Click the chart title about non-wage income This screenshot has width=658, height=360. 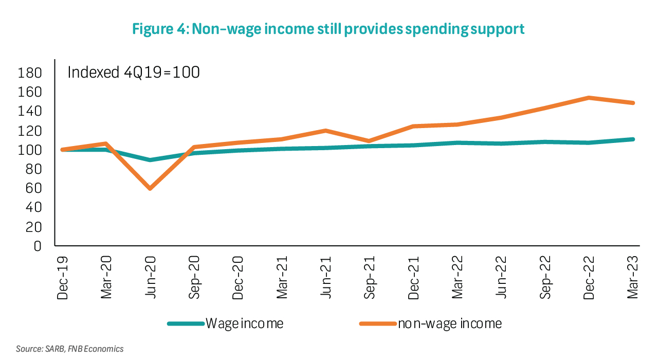pyautogui.click(x=328, y=29)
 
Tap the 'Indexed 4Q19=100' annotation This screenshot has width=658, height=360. pyautogui.click(x=134, y=73)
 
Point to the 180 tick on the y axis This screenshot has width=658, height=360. pyautogui.click(x=29, y=73)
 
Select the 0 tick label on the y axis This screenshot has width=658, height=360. pyautogui.click(x=37, y=246)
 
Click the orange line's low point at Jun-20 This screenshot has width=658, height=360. pyautogui.click(x=150, y=189)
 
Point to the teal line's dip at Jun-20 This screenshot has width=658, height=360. pyautogui.click(x=150, y=160)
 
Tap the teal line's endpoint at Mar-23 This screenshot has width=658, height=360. pyautogui.click(x=632, y=139)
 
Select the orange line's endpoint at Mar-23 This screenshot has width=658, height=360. pyautogui.click(x=632, y=103)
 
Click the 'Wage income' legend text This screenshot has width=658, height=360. pyautogui.click(x=245, y=323)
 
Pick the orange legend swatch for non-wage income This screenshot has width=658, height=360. pyautogui.click(x=378, y=323)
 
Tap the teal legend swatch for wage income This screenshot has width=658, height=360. pyautogui.click(x=186, y=323)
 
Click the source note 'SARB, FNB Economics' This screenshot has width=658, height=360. pyautogui.click(x=70, y=349)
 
